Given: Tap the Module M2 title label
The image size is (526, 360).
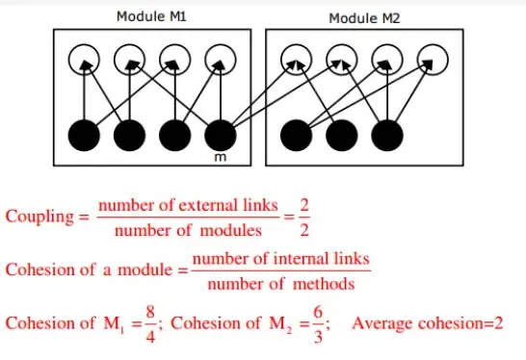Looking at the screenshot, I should coord(364,18).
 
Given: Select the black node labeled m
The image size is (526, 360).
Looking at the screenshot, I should coord(221,135).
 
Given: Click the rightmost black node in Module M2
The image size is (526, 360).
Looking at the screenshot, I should coord(386,135).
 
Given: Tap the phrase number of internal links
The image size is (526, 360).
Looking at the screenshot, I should coord(280,260).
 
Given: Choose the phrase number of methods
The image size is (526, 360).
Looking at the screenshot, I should coord(279,284).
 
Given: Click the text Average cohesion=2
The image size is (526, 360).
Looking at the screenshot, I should coord(428,323).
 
